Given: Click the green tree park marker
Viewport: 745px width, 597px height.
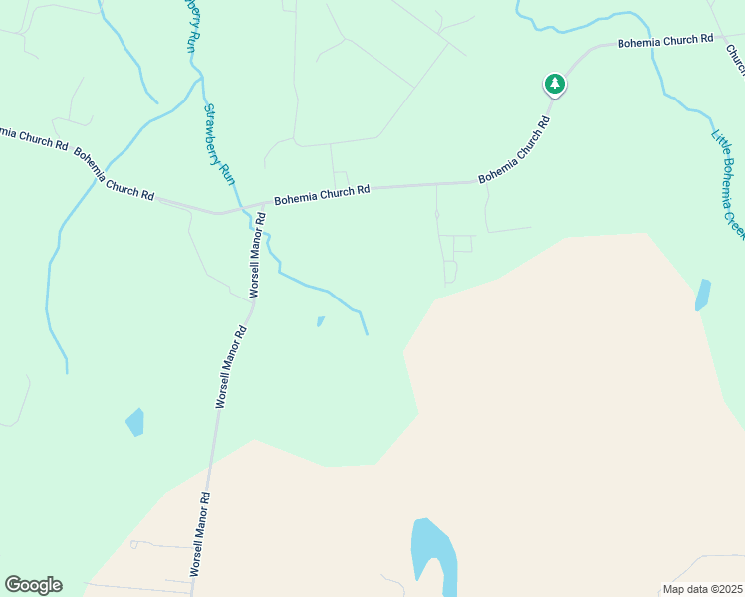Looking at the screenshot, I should click(x=555, y=83).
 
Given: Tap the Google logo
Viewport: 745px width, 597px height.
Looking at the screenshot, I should click(x=33, y=585).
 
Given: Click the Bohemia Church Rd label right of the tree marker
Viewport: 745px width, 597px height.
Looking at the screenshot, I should click(x=665, y=41).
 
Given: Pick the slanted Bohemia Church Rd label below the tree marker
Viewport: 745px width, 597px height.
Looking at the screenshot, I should click(x=515, y=152).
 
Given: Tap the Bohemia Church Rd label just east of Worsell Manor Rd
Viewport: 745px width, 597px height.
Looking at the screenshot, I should click(x=322, y=192).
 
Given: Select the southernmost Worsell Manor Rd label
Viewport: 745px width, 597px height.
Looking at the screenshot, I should click(x=198, y=533).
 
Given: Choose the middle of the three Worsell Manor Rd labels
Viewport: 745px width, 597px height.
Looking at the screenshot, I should click(x=230, y=368).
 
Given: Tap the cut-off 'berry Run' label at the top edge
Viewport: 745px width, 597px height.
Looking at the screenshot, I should click(x=189, y=25).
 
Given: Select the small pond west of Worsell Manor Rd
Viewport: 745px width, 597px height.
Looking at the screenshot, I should click(x=134, y=422).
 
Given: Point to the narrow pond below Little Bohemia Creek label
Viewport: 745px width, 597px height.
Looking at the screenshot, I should click(x=702, y=295).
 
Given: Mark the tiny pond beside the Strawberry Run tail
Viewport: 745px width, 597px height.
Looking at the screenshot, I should click(x=320, y=321).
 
